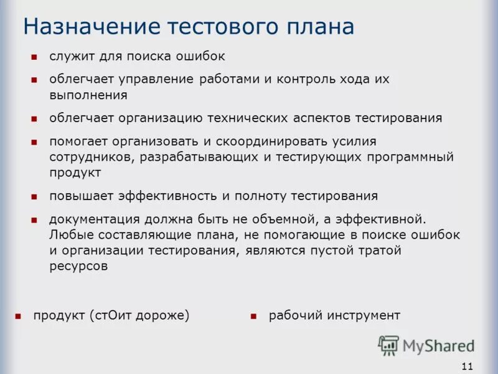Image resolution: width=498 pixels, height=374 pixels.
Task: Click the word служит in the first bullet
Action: click(69, 57)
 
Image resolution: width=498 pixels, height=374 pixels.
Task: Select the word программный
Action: click(413, 157)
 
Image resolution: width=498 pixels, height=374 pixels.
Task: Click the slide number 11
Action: click(467, 366)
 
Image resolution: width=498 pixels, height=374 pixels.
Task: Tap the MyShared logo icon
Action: click(388, 345)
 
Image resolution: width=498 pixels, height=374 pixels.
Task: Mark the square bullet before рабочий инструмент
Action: click(253, 317)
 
